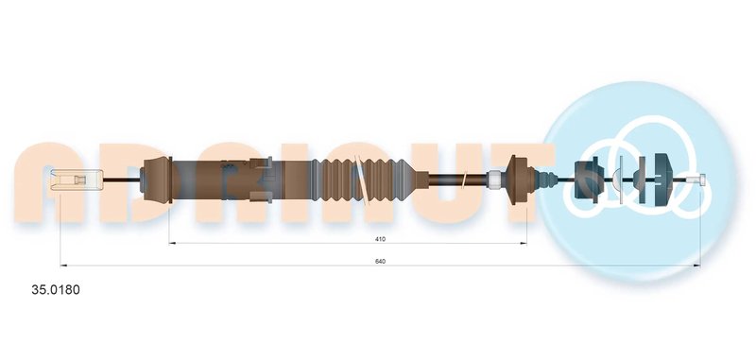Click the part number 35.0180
tap(56, 290)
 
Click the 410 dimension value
tap(382, 238)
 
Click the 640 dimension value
tap(381, 261)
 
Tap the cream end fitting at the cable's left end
tap(77, 180)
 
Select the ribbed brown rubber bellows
tap(364, 180)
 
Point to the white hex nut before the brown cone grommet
tap(494, 180)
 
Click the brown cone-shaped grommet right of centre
tap(521, 180)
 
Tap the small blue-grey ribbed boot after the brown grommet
tap(546, 180)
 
